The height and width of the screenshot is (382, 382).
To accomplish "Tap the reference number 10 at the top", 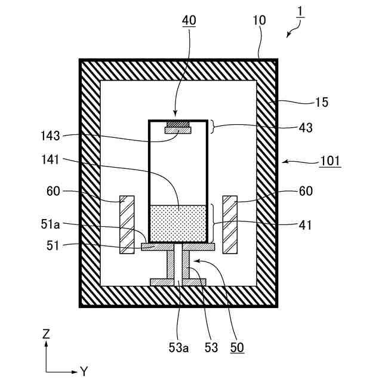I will pos(259,21).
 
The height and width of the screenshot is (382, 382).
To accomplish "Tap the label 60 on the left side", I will pos(53,191).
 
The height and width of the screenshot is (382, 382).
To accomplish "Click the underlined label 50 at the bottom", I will pos(236,347).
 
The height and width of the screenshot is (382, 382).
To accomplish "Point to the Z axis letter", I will pos(46,334).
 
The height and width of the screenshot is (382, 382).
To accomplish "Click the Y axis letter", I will pos(84,372).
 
